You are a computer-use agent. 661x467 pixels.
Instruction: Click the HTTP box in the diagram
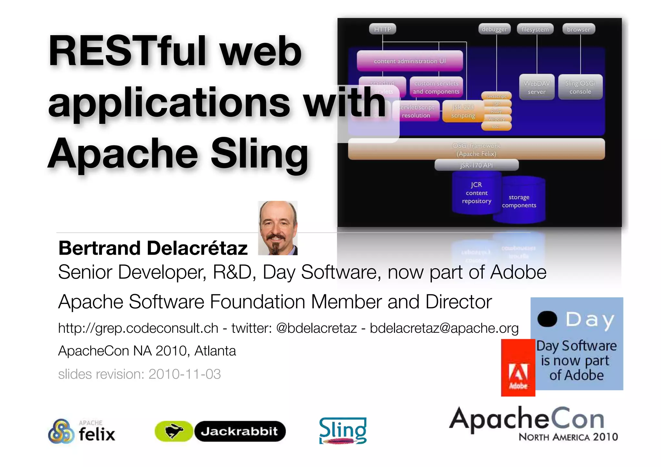point(382,29)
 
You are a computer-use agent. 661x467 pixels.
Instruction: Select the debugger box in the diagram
point(494,29)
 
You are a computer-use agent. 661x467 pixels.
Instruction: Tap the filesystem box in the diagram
point(535,29)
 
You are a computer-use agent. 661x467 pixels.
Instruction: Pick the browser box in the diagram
point(579,29)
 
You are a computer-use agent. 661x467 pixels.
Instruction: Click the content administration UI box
point(410,61)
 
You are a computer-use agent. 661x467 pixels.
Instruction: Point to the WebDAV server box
point(537,87)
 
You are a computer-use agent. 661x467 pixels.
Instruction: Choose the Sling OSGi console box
point(580,87)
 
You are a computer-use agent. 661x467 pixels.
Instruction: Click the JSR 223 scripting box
point(463,111)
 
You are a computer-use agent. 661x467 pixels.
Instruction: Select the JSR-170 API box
point(476,165)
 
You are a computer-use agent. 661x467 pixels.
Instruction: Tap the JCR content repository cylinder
point(476,193)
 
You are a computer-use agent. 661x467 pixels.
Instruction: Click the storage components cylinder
point(519,201)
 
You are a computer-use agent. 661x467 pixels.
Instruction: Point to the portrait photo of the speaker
point(278,228)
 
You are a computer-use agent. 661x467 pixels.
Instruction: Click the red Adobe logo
point(518,368)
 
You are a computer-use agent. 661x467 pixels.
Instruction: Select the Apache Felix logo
point(82,431)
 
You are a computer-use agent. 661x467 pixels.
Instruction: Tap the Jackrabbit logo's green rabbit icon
point(174,431)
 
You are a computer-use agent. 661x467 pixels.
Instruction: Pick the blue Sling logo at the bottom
point(343,431)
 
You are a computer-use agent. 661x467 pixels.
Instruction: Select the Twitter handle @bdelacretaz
point(316,328)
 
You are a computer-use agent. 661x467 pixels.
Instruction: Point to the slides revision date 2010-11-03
point(184,374)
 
